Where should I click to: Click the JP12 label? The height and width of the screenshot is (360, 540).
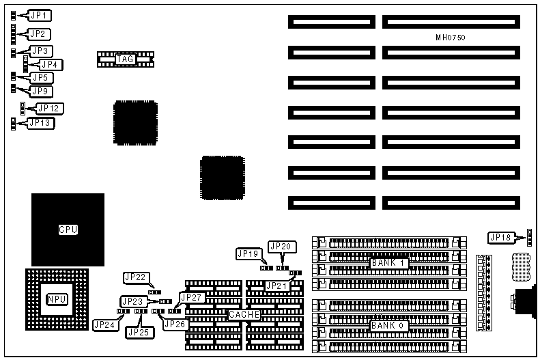(50, 108)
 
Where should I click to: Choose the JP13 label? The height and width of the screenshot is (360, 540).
(40, 123)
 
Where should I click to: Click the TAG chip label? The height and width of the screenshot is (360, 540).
(125, 59)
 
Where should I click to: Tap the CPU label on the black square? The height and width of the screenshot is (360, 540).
(68, 230)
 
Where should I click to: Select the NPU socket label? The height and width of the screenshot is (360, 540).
(57, 299)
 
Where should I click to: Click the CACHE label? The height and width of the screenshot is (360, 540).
(244, 314)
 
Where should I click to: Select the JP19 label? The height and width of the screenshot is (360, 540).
(247, 253)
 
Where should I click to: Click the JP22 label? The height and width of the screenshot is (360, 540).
(134, 277)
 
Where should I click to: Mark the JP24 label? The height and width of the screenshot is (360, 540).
(104, 324)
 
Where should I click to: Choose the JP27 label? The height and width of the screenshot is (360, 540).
(191, 297)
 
